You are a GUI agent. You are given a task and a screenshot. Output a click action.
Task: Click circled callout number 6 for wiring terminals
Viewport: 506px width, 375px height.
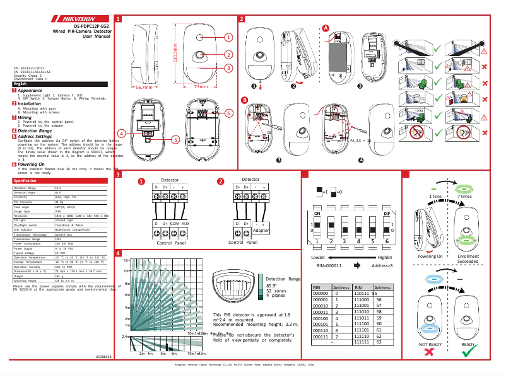[228, 112]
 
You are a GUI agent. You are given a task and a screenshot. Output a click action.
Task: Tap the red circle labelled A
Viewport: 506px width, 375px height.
[326, 28]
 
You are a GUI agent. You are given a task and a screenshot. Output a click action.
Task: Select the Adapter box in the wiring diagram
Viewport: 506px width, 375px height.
[261, 231]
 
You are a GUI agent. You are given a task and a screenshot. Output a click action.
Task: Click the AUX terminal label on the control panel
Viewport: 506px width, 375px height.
[185, 223]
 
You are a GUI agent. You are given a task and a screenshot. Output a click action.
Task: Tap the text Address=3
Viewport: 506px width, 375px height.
[382, 266]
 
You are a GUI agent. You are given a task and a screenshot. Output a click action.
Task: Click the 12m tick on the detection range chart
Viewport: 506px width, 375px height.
[126, 260]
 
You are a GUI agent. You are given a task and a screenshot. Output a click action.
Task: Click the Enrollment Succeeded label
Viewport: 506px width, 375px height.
[468, 259]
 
